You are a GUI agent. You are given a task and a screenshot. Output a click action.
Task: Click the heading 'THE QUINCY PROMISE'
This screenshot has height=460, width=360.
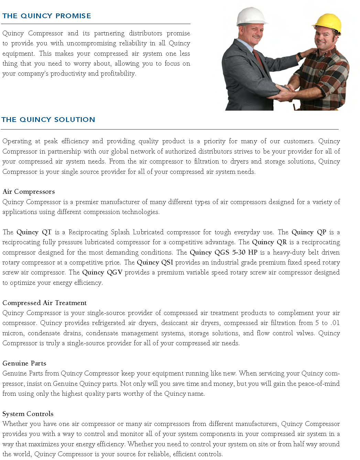click(x=47, y=16)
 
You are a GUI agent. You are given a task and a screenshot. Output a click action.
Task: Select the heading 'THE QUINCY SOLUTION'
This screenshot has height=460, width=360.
click(x=48, y=120)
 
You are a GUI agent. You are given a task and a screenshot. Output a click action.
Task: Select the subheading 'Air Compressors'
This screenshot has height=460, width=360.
click(x=29, y=192)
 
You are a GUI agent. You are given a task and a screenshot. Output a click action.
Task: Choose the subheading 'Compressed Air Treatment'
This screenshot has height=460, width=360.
click(x=44, y=303)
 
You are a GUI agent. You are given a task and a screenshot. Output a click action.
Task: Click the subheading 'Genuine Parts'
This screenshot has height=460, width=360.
click(x=24, y=363)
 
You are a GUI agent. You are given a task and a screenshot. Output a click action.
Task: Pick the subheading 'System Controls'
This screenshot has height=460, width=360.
click(x=28, y=414)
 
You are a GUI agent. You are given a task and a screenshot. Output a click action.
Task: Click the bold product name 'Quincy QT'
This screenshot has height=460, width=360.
click(x=34, y=232)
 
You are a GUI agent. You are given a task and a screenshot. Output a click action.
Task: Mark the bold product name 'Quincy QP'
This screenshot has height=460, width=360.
click(x=309, y=232)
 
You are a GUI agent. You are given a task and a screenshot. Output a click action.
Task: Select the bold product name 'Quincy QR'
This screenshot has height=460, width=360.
click(x=269, y=242)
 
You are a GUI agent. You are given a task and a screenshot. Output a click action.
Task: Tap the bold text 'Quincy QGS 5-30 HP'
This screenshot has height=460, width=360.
click(x=223, y=253)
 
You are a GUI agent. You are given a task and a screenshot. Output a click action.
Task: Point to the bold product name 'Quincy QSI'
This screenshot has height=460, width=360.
click(x=155, y=262)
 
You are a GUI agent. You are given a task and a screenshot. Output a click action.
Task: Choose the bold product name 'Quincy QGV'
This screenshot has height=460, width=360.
click(x=102, y=272)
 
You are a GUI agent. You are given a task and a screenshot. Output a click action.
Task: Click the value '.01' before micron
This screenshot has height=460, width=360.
click(x=335, y=323)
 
